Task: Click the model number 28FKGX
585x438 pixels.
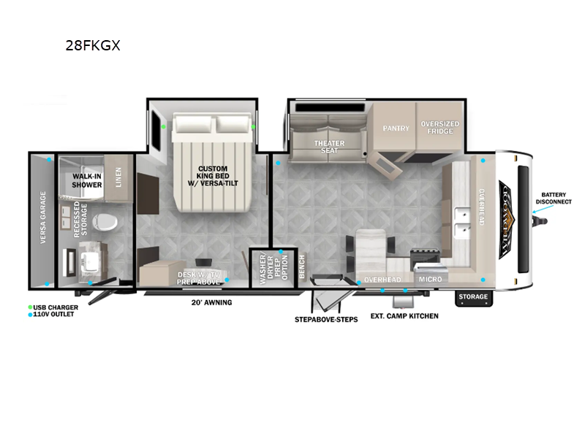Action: click(93, 46)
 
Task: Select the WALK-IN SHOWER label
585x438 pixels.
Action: click(86, 181)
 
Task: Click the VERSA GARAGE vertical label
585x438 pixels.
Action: click(43, 218)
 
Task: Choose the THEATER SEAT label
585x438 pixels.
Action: click(329, 147)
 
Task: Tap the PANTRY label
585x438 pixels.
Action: click(396, 128)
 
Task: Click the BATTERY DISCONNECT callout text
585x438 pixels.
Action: click(554, 198)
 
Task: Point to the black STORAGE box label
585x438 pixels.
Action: click(472, 297)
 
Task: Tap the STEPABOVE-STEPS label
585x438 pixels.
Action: click(326, 320)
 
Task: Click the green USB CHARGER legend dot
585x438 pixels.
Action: click(31, 307)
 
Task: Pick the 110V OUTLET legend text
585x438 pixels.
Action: click(55, 314)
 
